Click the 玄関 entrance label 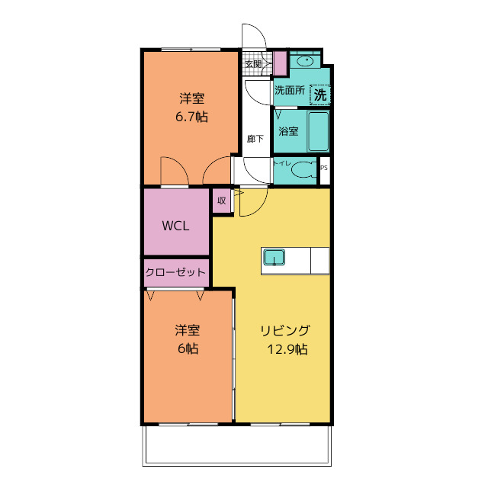(x=253, y=63)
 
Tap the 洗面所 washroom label (x=289, y=90)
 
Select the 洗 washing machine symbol (x=320, y=95)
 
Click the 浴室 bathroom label (x=288, y=131)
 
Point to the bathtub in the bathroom (x=317, y=132)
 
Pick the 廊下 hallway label (x=255, y=139)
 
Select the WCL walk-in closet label (x=175, y=226)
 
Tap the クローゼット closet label (x=176, y=272)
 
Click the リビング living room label (x=284, y=331)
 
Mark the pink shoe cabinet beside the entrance (x=279, y=63)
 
